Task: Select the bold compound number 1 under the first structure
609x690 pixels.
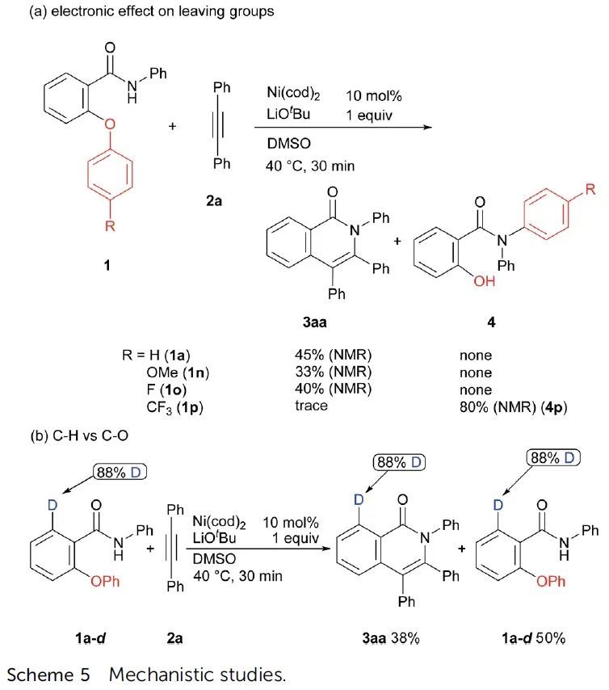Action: pos(107,265)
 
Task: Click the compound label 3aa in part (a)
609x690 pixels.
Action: pos(312,324)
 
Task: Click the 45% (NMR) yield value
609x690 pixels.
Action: pos(333,356)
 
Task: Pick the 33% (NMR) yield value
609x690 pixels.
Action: pos(333,372)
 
